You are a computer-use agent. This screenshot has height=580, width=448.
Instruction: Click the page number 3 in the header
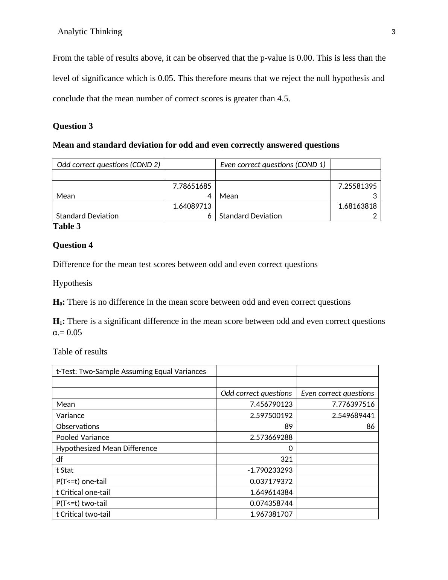(393, 32)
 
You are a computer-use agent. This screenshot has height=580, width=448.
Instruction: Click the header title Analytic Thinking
(90, 32)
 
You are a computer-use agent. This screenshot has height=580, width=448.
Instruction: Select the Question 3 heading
(73, 126)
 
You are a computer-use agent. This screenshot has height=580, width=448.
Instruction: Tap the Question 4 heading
(73, 245)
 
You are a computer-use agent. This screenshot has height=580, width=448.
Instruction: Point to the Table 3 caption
(67, 226)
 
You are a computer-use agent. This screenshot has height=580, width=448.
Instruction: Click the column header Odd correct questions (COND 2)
(108, 165)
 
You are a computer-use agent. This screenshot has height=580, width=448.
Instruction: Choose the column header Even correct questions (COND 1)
(273, 165)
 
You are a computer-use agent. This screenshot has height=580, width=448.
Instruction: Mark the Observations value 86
(370, 426)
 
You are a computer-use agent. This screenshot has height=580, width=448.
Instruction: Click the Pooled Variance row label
(82, 437)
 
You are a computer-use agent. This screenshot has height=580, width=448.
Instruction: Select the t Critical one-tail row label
(83, 492)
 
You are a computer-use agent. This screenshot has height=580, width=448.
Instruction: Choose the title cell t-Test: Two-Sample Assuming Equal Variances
(131, 371)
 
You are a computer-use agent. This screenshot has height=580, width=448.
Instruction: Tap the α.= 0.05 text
(67, 333)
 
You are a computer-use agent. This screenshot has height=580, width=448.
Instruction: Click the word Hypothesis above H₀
(72, 283)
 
